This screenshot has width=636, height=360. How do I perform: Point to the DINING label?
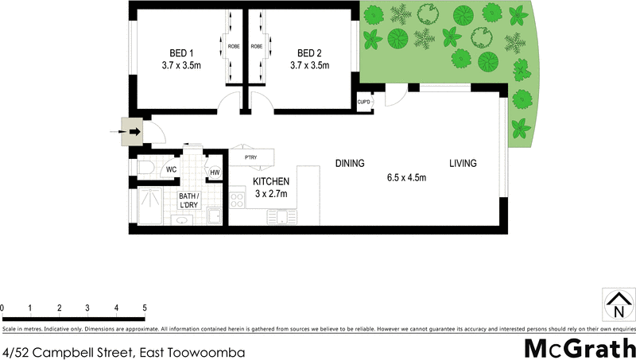349,164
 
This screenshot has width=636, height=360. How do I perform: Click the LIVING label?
463,164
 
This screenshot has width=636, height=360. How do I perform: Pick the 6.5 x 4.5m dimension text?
406,177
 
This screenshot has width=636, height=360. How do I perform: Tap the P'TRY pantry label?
250,157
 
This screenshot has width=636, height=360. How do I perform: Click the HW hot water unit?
215,172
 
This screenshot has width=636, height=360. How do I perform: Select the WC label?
172,170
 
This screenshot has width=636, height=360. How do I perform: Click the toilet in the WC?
146,168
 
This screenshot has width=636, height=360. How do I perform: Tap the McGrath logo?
580,348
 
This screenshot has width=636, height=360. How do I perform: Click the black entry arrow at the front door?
134,132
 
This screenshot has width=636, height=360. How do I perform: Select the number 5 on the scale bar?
144,308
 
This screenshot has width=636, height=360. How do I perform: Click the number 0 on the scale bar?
2,308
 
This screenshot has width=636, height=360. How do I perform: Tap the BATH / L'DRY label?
189,201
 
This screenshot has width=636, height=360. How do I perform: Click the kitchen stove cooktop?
236,199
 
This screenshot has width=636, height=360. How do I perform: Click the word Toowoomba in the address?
207,350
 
